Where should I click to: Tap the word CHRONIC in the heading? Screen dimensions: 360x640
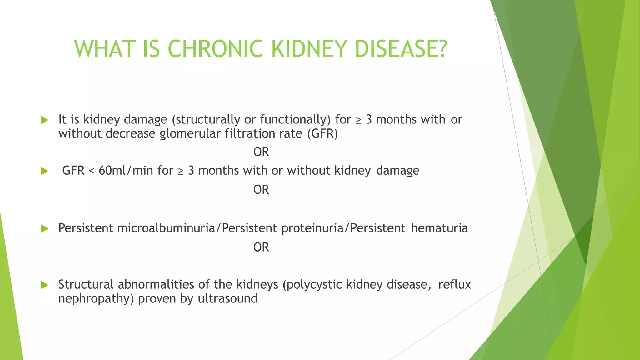click(x=215, y=49)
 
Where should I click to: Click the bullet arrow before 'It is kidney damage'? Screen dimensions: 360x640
click(x=45, y=120)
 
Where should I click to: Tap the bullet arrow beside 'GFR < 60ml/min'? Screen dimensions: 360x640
click(x=45, y=171)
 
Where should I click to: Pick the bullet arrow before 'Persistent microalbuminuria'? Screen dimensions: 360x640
click(x=45, y=229)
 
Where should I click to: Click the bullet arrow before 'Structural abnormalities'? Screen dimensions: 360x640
click(x=45, y=285)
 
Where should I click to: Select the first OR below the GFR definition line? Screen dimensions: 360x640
click(x=261, y=152)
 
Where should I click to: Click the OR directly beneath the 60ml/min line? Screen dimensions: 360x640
click(x=261, y=190)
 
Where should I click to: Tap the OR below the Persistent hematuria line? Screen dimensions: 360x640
click(x=261, y=247)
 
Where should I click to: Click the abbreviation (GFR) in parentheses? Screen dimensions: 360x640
click(x=322, y=134)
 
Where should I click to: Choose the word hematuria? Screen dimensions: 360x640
click(x=439, y=228)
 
